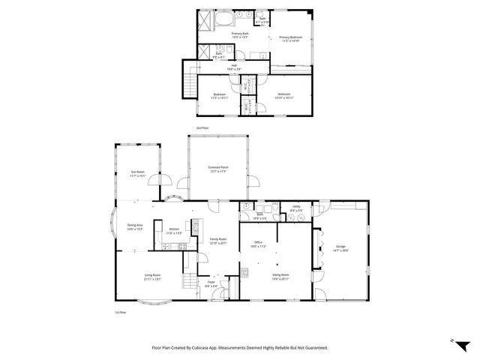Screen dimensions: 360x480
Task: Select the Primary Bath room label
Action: tap(241, 34)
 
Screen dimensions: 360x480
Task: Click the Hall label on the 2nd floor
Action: tap(234, 67)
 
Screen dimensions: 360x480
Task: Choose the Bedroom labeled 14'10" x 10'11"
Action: tap(283, 96)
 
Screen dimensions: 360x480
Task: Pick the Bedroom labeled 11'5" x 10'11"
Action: tap(219, 96)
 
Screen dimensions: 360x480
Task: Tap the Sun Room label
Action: tap(136, 173)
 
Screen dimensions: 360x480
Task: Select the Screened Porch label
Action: tap(218, 169)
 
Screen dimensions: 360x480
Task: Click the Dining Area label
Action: tap(135, 227)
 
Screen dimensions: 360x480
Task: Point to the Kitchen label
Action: tap(173, 231)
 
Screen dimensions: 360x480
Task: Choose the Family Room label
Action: tap(218, 240)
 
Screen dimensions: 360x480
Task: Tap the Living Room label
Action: tap(152, 277)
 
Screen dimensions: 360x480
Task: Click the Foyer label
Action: tap(211, 284)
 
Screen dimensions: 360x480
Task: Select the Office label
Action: tap(257, 244)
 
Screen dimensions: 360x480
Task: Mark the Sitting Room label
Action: tap(280, 277)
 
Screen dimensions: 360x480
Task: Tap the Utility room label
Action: tap(296, 208)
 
